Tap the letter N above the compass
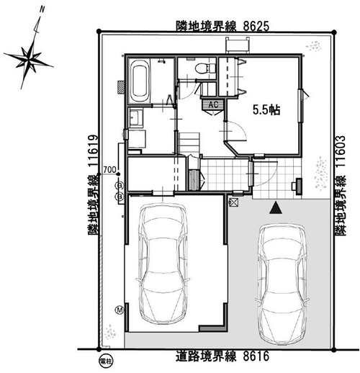tap(42, 11)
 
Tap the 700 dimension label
tap(109, 170)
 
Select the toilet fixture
tap(204, 69)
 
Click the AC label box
tap(212, 105)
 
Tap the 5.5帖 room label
tap(266, 111)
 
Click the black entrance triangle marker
tap(275, 209)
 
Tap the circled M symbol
tap(120, 310)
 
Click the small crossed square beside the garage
tap(233, 203)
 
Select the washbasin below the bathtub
tap(135, 117)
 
